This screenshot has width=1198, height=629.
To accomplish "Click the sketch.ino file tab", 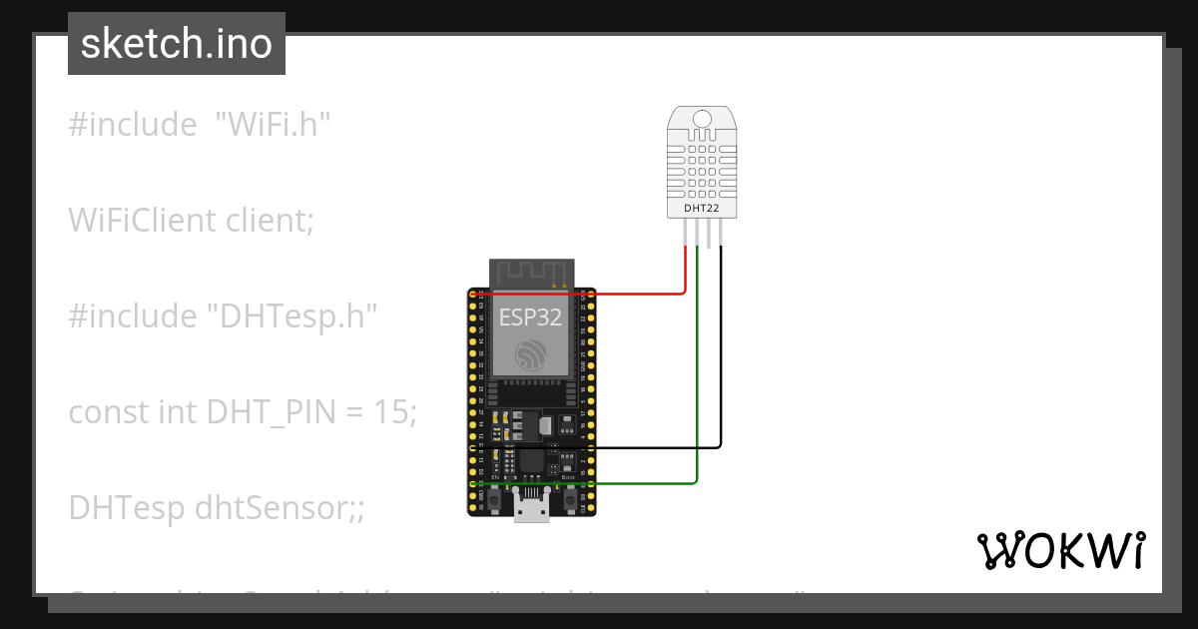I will [x=177, y=44].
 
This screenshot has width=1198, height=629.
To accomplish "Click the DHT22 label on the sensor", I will [x=702, y=208].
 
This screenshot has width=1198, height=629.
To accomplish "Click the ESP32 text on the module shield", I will [x=530, y=317].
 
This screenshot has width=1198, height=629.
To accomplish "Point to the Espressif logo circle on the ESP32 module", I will [x=530, y=354].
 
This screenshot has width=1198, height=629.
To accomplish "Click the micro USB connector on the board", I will [x=531, y=508].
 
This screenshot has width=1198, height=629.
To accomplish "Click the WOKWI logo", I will [x=1060, y=551].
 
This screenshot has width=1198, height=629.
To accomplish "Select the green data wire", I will [x=697, y=399].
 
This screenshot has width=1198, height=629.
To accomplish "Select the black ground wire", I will [x=720, y=379].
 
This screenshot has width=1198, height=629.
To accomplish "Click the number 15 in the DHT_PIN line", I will [x=391, y=411].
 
